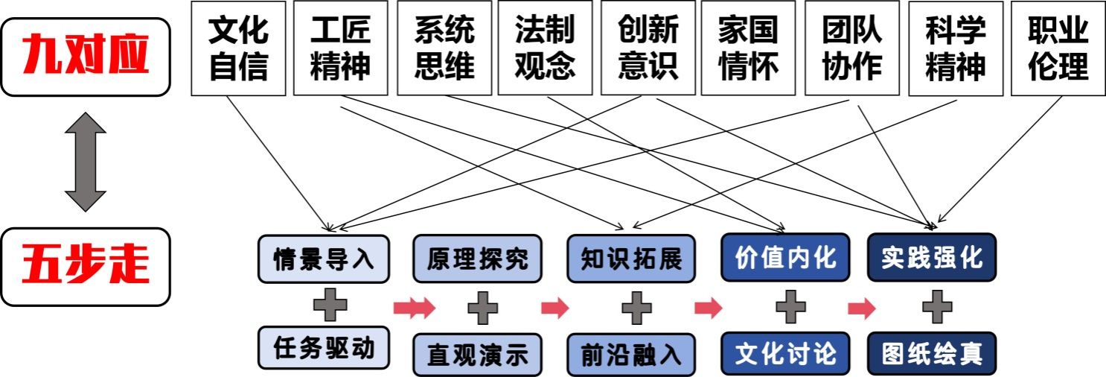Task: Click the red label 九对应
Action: coord(86,57)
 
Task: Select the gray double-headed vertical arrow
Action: coord(86,162)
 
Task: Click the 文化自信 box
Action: coord(238,48)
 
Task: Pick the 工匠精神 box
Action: coord(340,48)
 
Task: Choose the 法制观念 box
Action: coord(545,48)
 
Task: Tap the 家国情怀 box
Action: coord(748,48)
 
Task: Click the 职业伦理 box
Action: coord(1058,48)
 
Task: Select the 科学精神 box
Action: coord(956,48)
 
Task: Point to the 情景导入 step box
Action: coord(324,259)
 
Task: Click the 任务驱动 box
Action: coord(324,348)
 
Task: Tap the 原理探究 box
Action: coord(478,259)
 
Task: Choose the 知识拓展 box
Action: coord(631,259)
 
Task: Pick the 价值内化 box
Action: coord(785,258)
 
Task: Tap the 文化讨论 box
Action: coord(785,352)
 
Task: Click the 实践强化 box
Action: coord(931,258)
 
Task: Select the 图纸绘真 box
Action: coord(931,352)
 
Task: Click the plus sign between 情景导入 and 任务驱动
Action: coord(330,305)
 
